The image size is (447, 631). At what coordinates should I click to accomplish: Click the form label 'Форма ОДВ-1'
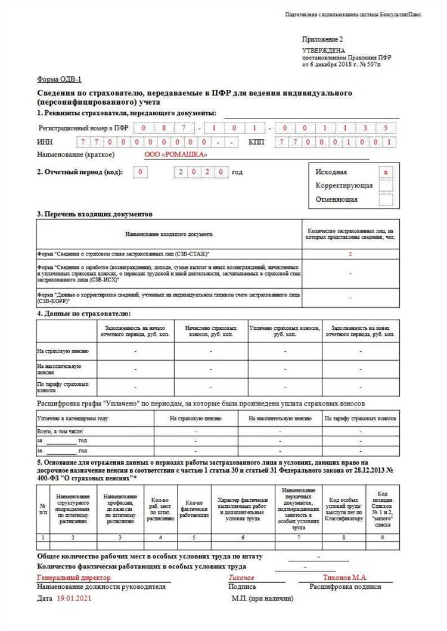tap(59, 79)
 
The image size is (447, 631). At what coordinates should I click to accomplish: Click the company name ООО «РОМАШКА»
tap(176, 155)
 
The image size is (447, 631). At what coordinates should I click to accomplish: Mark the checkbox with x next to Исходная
tap(386, 172)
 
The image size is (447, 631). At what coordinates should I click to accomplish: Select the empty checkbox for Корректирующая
tap(386, 186)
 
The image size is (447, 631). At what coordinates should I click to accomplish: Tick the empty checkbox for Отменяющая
tap(386, 199)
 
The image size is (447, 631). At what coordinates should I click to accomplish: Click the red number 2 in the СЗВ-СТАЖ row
tap(350, 254)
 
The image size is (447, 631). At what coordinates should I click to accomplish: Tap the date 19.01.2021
tap(74, 598)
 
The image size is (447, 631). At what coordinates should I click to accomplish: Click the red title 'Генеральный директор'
tap(74, 577)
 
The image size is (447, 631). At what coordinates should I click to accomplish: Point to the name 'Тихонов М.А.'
tap(345, 577)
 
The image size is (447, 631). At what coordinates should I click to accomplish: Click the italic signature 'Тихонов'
tap(241, 577)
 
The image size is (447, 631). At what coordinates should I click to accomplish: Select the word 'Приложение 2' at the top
tap(322, 39)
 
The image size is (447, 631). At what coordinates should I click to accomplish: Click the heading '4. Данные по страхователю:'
tap(83, 313)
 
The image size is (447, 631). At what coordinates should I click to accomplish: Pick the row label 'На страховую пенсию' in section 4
tap(63, 351)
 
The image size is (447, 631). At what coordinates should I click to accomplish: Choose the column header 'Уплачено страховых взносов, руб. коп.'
tap(285, 331)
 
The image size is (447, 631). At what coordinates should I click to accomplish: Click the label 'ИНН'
tap(45, 142)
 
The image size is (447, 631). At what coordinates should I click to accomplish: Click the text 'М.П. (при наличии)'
tap(262, 598)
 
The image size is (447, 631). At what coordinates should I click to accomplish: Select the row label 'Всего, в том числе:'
tap(60, 430)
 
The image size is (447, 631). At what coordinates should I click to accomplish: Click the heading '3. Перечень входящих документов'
tap(95, 214)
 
